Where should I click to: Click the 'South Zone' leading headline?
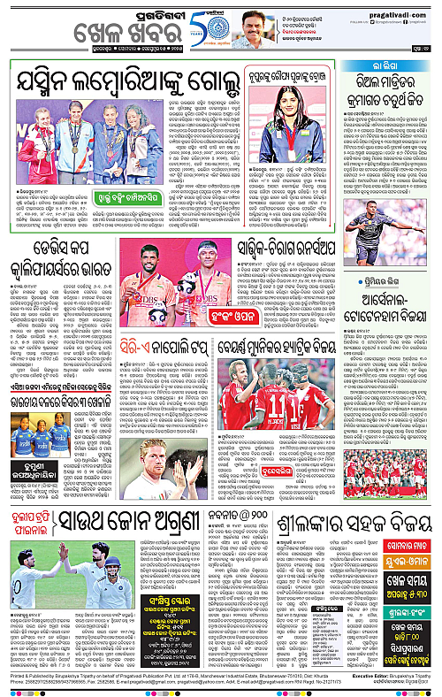click(147, 532)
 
